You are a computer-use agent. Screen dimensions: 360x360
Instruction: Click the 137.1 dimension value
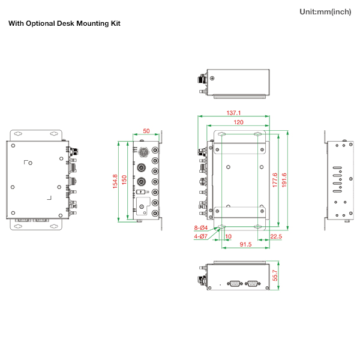(233, 113)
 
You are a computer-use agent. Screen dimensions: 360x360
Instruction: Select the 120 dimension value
(239, 122)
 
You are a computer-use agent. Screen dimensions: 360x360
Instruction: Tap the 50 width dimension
(146, 131)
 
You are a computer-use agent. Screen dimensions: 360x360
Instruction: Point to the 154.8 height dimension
(115, 181)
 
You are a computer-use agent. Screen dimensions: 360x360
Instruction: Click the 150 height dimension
(124, 180)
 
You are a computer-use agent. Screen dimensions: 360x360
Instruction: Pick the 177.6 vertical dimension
(275, 180)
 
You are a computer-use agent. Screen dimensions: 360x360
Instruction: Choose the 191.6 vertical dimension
(284, 180)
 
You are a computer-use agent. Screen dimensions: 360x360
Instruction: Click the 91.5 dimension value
(245, 244)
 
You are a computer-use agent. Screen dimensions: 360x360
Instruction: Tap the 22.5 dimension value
(276, 236)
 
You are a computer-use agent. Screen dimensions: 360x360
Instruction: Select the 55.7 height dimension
(275, 275)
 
